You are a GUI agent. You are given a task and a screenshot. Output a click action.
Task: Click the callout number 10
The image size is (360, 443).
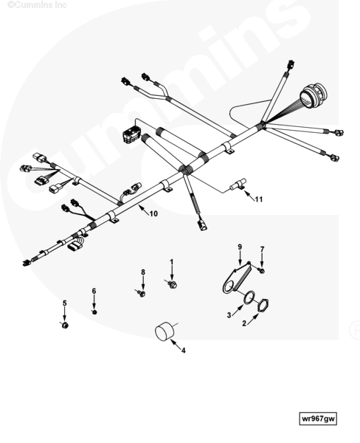coord(153,213)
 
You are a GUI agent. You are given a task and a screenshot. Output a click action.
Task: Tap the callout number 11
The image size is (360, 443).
coord(259,199)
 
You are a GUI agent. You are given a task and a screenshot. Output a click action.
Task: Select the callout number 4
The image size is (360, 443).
coord(183,351)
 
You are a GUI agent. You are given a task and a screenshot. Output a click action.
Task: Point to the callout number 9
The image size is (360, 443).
coord(240,247)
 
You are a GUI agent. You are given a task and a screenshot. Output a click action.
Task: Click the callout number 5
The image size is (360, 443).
coord(65,303)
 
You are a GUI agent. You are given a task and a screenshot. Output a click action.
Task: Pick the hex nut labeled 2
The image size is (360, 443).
coord(263,306)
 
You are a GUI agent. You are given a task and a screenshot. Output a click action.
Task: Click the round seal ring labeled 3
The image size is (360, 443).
coord(249,299)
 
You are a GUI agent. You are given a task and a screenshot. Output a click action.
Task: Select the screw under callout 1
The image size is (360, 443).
coord(171,284)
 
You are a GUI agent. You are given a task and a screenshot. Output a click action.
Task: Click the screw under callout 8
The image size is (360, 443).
coord(141,293)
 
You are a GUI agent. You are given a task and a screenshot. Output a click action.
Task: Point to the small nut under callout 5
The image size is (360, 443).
coord(65,325)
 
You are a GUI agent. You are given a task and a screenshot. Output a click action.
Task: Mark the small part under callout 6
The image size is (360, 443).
coord(94,312)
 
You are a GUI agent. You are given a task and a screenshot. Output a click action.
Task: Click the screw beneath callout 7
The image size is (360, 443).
coord(261,270)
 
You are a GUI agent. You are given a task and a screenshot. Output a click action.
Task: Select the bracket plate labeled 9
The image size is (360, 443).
coord(236,278)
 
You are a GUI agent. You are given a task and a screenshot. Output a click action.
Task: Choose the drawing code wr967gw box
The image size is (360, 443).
coord(318,419)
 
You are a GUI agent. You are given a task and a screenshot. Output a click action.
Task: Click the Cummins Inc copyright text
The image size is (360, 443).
coord(37,5)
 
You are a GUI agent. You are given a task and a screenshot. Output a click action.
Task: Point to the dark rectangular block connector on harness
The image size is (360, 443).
coord(131,135)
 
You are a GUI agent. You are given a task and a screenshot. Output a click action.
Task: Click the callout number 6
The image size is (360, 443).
coord(94,291)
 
